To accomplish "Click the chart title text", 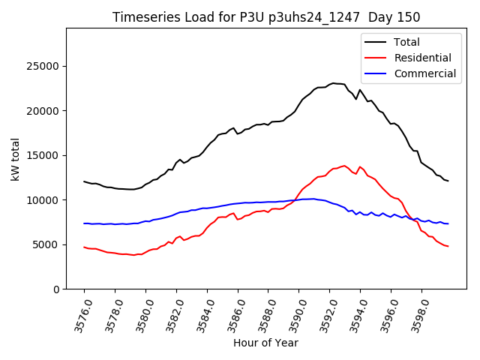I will point(266,17).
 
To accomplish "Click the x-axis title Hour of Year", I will point(265,343).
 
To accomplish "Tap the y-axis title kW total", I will point(16,159).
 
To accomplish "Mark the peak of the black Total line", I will point(333,83).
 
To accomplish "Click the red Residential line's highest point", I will point(344,166).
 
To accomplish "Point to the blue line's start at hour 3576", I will point(84,223).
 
